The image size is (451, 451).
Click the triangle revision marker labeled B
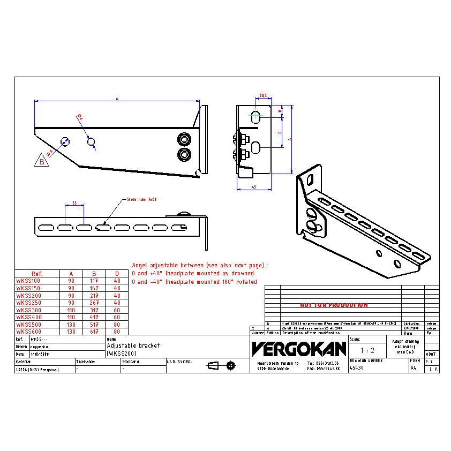42,161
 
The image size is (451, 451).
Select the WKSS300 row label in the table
29,310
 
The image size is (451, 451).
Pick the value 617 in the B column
94,332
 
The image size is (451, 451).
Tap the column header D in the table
117,273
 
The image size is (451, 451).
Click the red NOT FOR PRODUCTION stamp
334,305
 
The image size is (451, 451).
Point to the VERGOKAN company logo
299,349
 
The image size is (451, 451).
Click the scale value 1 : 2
367,350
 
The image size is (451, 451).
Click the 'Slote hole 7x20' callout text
141,199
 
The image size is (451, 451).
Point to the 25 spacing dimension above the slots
74,203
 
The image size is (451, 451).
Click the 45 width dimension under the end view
254,187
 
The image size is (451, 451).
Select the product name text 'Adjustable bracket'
133,346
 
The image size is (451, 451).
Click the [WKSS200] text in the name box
121,354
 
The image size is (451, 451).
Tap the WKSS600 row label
29,332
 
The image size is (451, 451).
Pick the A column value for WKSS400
71,317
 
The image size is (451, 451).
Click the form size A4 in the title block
413,369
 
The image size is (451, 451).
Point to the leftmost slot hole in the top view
46,228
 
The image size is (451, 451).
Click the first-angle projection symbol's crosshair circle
230,366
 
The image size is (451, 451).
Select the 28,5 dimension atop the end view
263,95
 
